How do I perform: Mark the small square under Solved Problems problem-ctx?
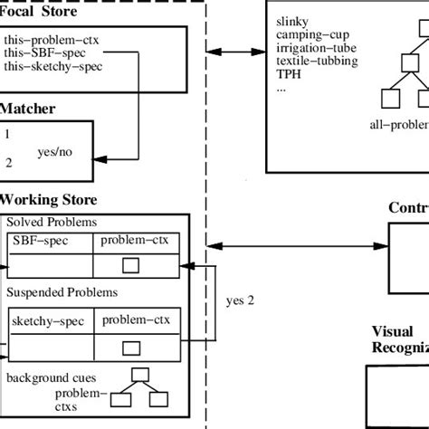(130, 265)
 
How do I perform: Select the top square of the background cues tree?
(140, 375)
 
